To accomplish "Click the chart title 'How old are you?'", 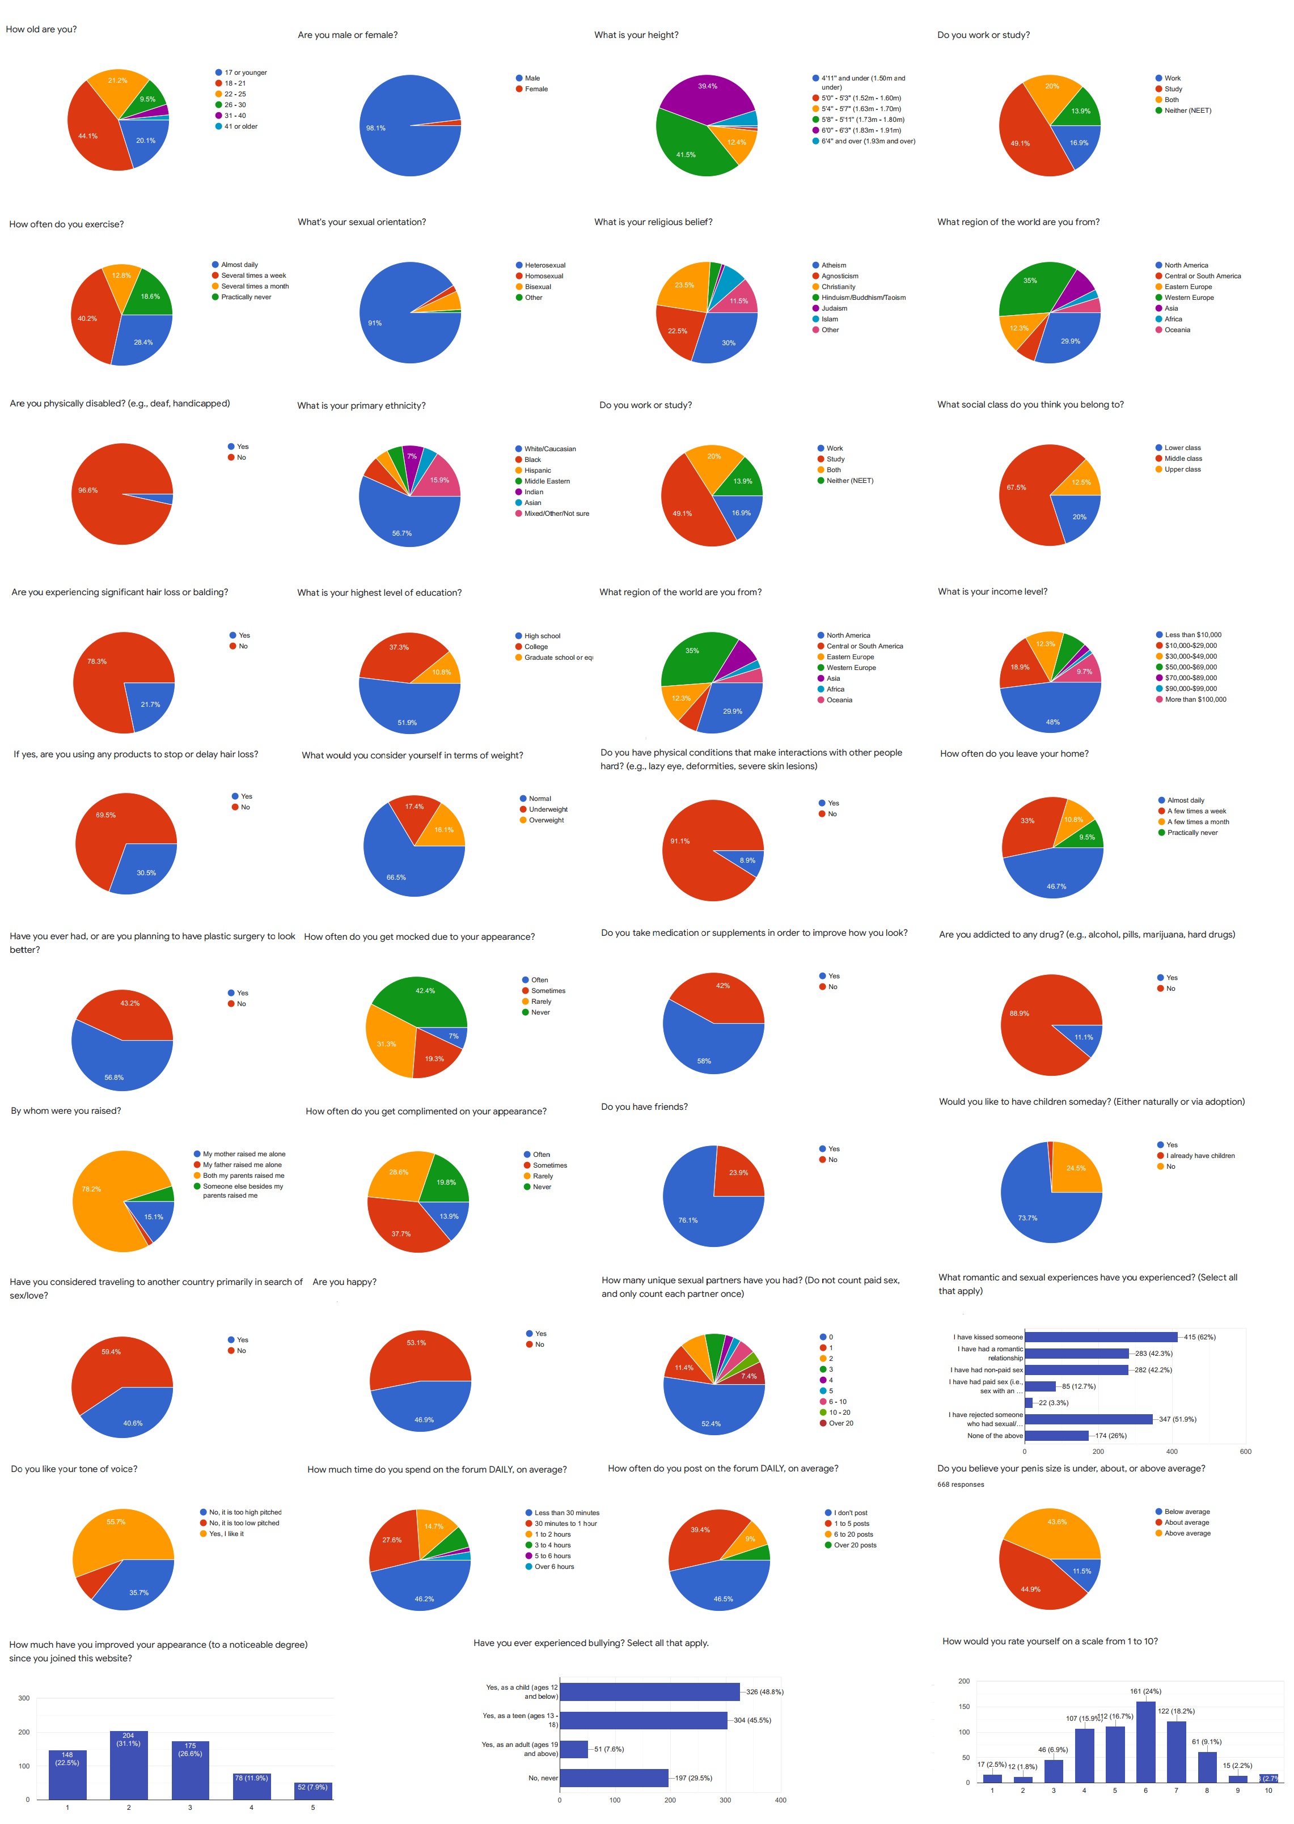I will pos(41,29).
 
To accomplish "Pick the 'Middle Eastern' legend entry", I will pos(547,481).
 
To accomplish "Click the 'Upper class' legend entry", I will pos(1182,469).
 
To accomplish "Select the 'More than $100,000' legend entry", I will pos(1195,699).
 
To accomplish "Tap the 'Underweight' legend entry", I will pos(548,809).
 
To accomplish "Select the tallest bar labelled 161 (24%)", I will pos(1145,1742).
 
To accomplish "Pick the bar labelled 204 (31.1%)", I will pos(128,1765).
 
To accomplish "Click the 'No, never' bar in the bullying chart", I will pos(614,1778).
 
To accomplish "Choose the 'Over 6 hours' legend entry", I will pos(554,1567).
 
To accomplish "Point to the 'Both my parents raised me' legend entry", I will pos(243,1176).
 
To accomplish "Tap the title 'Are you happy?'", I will pos(344,1282).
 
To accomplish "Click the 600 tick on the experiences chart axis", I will pos(1245,1451).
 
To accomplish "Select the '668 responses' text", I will pos(960,1484).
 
